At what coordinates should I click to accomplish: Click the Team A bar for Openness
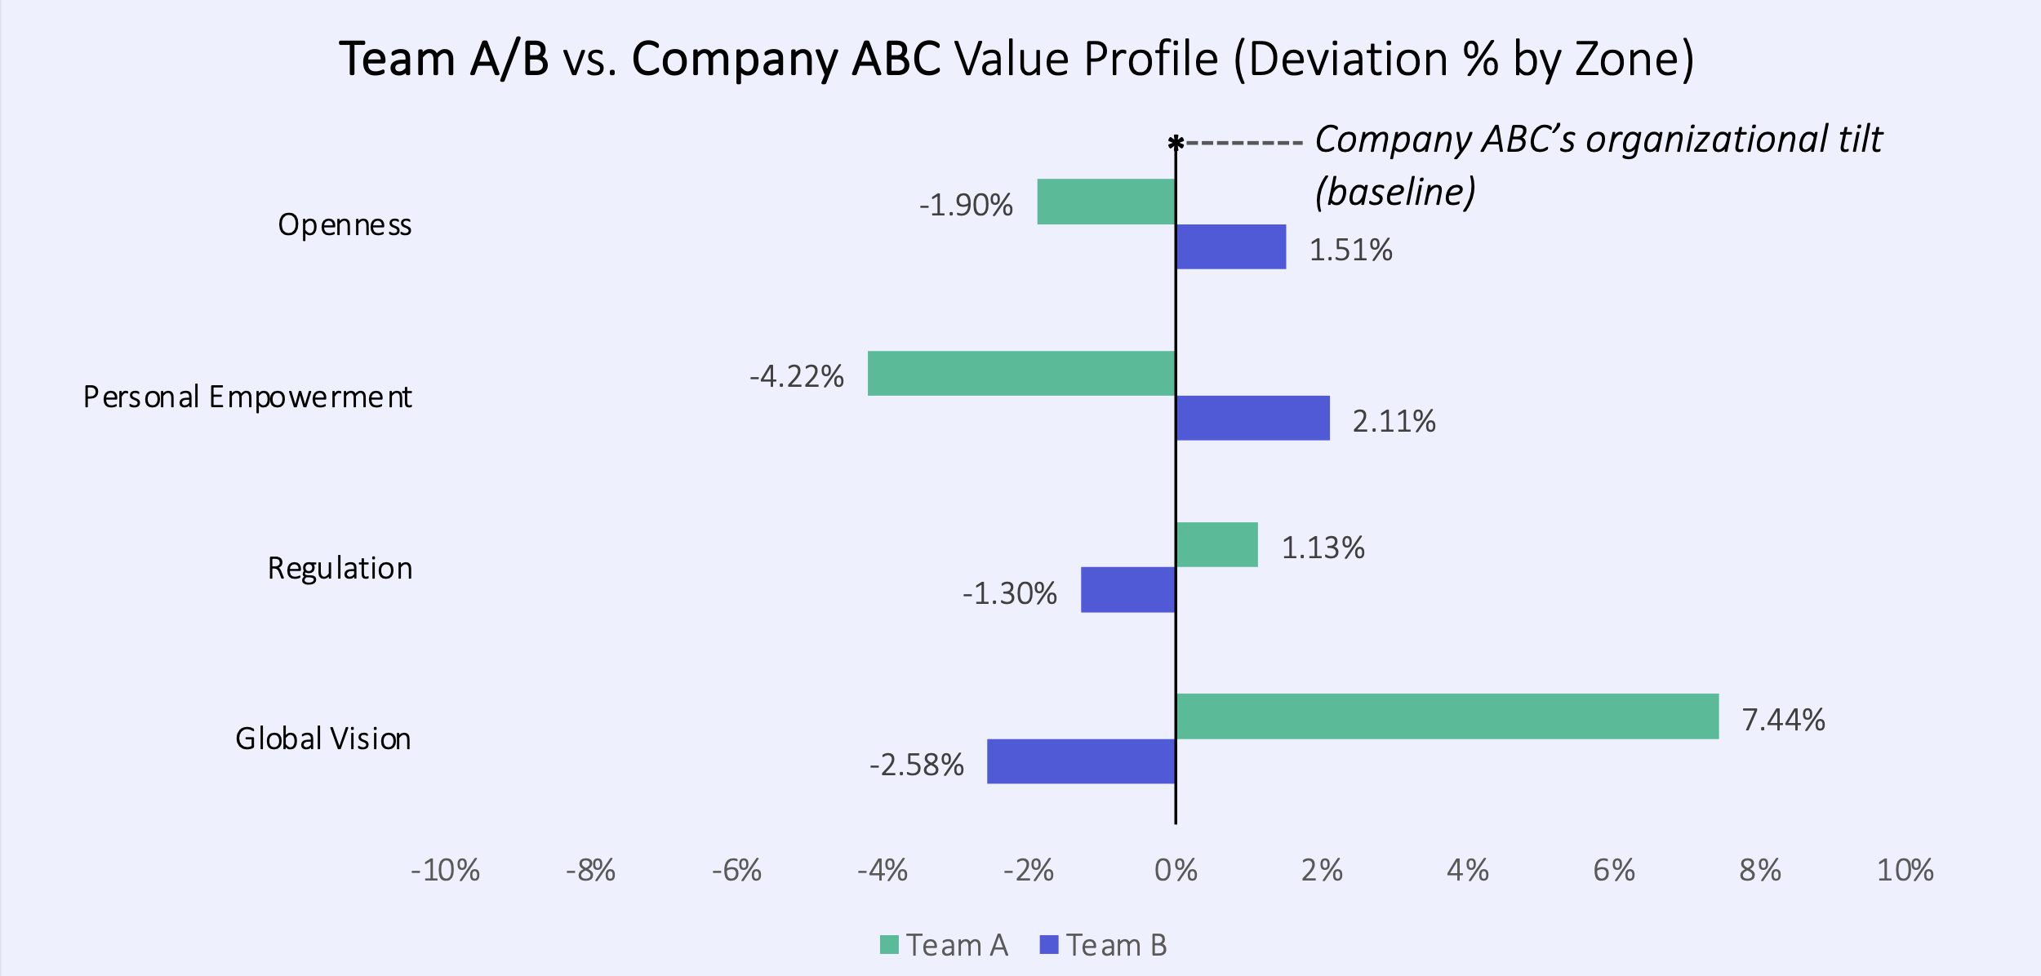(1105, 202)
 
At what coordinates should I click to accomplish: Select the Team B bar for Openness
(1231, 246)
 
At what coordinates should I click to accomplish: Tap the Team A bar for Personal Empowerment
(1020, 373)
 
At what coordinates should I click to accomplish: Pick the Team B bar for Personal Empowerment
(1252, 418)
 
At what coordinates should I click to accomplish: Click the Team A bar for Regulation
(1216, 544)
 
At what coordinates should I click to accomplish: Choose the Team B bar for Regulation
(1127, 589)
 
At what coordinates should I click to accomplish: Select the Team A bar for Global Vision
(1447, 716)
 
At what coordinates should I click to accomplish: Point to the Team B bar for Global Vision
(1081, 761)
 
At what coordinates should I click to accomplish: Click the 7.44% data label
(1783, 720)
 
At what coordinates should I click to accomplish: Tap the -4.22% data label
(797, 376)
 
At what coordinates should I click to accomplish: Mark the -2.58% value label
(916, 765)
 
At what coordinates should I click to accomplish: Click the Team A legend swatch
(889, 945)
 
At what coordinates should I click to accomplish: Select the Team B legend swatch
(1049, 945)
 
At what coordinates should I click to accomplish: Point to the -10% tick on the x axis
(445, 871)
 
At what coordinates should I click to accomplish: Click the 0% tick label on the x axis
(1176, 871)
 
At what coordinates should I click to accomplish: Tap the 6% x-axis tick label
(1614, 871)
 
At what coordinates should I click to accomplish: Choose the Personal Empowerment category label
(247, 397)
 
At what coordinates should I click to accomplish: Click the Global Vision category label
(323, 739)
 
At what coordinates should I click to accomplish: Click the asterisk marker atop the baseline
(1176, 144)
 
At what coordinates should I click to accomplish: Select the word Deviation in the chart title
(1349, 59)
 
